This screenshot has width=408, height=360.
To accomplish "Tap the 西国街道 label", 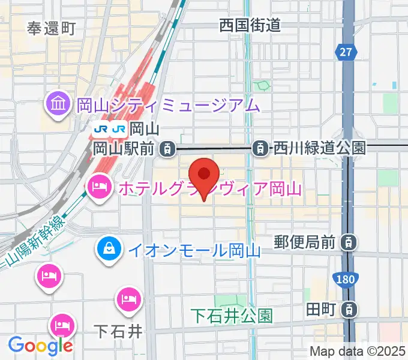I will point(250,25).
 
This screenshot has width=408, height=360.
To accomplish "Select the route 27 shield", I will point(344,53).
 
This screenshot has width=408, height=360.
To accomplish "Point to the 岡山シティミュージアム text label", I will point(168,106).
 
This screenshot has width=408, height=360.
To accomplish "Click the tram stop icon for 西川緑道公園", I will point(260,147).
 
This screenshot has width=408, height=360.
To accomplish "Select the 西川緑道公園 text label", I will point(319,147).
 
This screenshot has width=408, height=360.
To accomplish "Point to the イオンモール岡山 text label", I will point(193,250).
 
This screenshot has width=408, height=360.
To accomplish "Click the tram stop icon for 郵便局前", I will point(347,243).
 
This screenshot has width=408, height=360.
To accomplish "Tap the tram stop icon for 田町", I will point(347,310).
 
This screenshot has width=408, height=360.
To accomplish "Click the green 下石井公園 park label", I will point(232,314).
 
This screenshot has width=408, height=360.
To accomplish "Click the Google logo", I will point(40,345).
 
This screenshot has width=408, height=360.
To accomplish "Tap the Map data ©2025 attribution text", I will point(357,351).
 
